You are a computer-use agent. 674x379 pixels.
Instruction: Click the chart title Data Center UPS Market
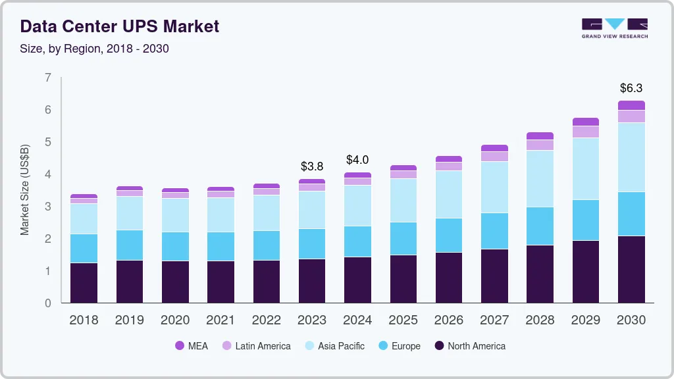point(119,26)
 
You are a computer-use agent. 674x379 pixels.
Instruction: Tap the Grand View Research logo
point(614,28)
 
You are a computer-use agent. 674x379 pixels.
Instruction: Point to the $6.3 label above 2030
point(631,88)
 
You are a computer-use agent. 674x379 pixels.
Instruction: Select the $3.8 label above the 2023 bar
point(311,166)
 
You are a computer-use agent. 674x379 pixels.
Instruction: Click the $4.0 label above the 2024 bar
point(357,160)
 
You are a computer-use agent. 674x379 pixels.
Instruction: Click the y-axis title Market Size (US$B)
point(25,189)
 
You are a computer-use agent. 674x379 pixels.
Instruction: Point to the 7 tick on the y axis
point(47,78)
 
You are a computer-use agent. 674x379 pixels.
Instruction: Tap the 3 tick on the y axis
point(47,207)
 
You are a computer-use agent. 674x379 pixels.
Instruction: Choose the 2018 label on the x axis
point(84,320)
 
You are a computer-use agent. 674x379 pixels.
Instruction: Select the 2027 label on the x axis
point(494,320)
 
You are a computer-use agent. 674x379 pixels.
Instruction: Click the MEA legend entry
point(191,345)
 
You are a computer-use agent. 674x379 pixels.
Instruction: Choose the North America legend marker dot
point(438,345)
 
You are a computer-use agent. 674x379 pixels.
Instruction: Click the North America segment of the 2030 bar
point(631,269)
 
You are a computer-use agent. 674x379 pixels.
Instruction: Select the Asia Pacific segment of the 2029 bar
point(586,168)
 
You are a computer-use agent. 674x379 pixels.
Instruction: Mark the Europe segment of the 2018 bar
point(84,248)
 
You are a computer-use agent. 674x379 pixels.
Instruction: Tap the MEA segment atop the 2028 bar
point(540,136)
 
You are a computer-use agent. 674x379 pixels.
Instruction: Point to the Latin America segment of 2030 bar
point(631,116)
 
